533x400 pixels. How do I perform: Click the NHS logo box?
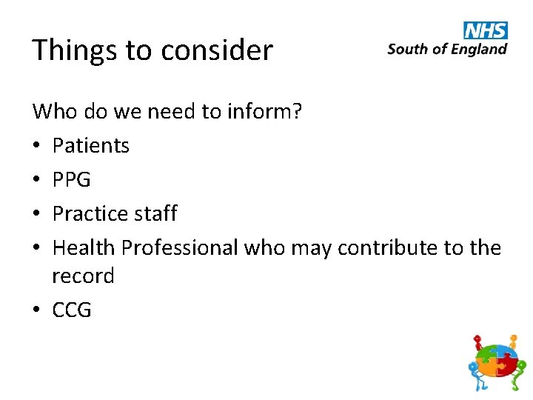click(x=486, y=30)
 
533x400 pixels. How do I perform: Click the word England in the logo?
click(x=480, y=50)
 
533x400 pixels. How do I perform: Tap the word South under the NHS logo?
click(x=406, y=50)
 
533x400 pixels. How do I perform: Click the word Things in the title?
click(x=73, y=50)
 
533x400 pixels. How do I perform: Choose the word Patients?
click(x=91, y=145)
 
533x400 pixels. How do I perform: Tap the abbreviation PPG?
click(x=72, y=179)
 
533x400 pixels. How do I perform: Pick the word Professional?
click(x=180, y=247)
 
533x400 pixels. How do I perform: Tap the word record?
click(x=83, y=276)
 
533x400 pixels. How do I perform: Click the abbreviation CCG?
click(x=72, y=310)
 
